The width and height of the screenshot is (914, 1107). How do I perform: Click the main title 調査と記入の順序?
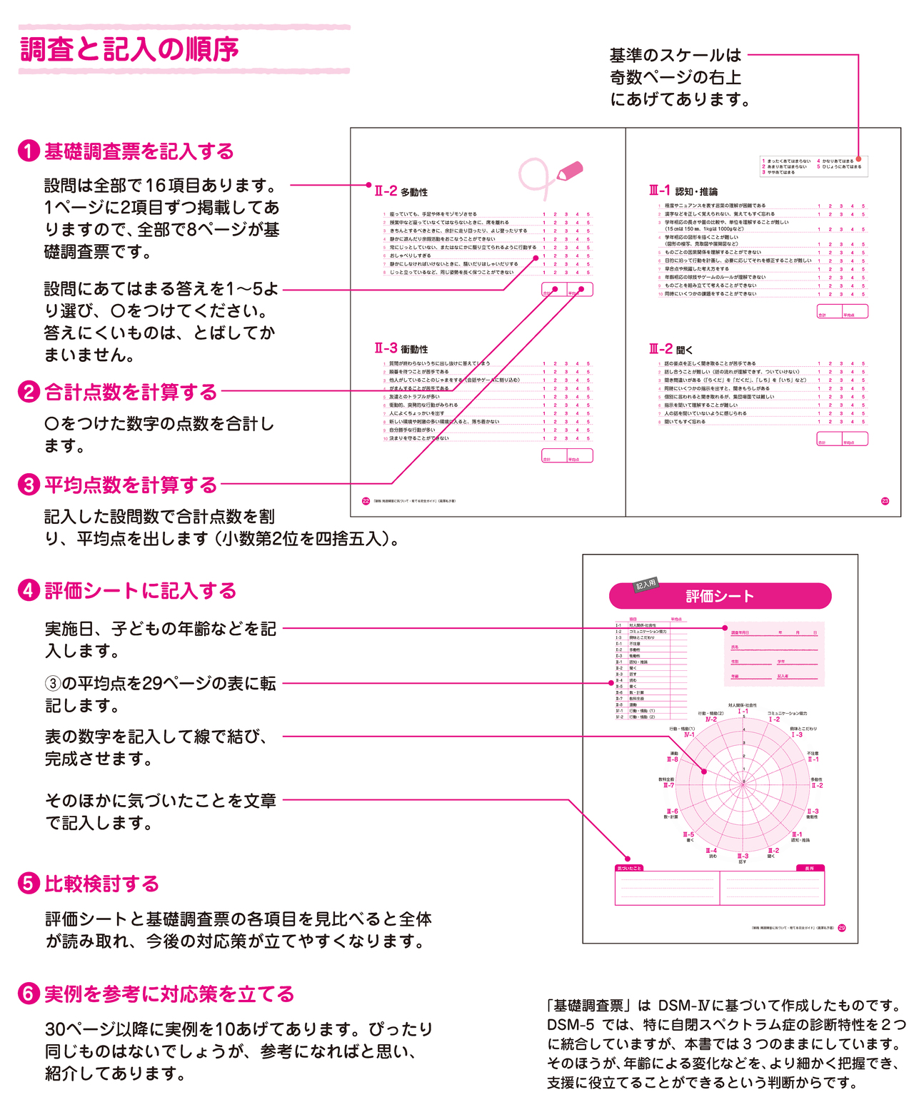pyautogui.click(x=129, y=50)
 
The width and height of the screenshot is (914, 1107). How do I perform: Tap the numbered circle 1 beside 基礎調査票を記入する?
pyautogui.click(x=28, y=151)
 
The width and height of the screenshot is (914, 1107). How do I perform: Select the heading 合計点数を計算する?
pyautogui.click(x=131, y=392)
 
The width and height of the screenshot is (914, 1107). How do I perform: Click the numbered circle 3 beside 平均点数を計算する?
pyautogui.click(x=28, y=485)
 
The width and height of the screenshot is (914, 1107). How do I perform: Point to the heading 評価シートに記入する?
pyautogui.click(x=140, y=591)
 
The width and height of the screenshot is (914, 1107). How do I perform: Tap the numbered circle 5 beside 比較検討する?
pyautogui.click(x=28, y=884)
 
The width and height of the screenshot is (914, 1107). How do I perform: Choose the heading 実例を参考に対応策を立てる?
pyautogui.click(x=169, y=994)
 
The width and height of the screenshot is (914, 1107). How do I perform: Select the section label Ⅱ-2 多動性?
pyautogui.click(x=401, y=191)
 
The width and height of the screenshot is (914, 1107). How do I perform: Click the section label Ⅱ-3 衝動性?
pyautogui.click(x=401, y=348)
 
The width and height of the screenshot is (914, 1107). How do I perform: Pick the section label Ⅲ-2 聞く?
pyautogui.click(x=671, y=349)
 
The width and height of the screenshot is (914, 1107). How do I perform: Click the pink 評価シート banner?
pyautogui.click(x=720, y=596)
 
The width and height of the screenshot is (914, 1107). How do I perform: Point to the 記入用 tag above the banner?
pyautogui.click(x=646, y=585)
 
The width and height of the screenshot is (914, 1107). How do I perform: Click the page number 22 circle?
pyautogui.click(x=366, y=501)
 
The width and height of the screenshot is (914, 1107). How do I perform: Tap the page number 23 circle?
pyautogui.click(x=885, y=501)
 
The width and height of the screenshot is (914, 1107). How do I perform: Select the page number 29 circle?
pyautogui.click(x=842, y=928)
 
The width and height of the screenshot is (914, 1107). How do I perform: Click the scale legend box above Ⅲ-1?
pyautogui.click(x=813, y=166)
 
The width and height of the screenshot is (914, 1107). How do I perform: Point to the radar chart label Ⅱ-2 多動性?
pyautogui.click(x=817, y=783)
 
